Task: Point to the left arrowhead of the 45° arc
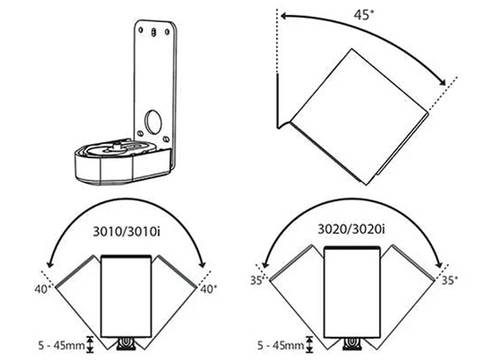click(281, 15)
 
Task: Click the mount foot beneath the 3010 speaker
click(126, 341)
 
